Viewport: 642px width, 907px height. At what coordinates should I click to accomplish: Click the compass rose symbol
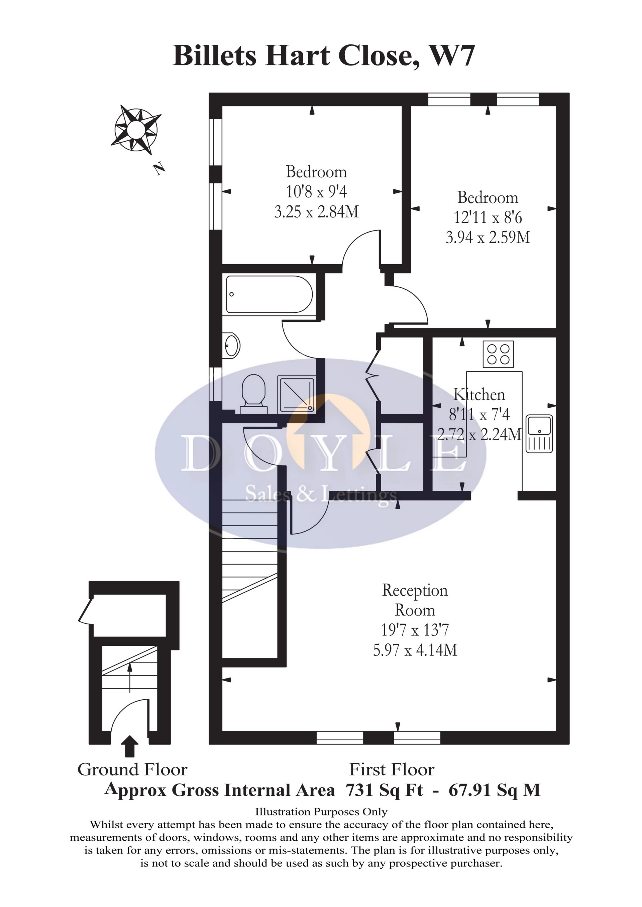coord(136,129)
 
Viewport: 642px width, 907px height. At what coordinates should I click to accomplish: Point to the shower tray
coord(297,395)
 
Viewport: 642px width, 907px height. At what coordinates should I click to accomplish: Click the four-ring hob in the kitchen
coord(498,354)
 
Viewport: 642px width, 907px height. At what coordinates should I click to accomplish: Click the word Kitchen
coord(479,395)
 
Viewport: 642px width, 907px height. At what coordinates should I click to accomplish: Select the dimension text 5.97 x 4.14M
coord(415,650)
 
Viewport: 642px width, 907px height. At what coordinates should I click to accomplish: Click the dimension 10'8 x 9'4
coord(316,192)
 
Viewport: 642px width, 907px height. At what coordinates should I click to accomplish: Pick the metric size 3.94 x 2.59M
coord(488,238)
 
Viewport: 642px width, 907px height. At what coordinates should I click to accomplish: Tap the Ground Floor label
coord(132,769)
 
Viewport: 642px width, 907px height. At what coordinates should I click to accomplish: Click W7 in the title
coord(451,56)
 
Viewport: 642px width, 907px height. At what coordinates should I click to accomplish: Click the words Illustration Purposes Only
coord(321,812)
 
